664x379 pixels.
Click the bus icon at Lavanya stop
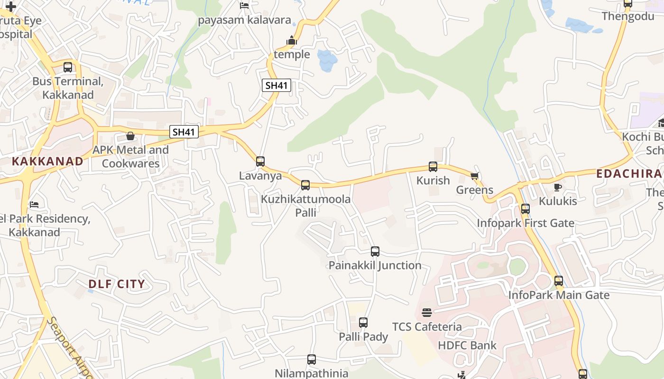tap(260, 161)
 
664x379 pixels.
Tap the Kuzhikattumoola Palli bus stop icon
tap(305, 185)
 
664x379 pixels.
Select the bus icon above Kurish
tap(433, 166)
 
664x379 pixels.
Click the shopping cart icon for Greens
tap(474, 176)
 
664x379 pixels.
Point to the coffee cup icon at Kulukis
tap(558, 187)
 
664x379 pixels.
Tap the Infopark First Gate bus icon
tap(526, 208)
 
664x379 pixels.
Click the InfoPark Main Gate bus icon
tap(559, 280)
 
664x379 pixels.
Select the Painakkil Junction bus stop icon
tap(375, 251)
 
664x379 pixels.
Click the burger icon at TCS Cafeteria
tap(427, 312)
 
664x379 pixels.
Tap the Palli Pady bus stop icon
tap(363, 323)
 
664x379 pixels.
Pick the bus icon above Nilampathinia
tap(312, 359)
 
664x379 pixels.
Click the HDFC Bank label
tap(467, 345)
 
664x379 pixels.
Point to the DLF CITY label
tap(117, 284)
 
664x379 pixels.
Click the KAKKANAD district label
tap(47, 161)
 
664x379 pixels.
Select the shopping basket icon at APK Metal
tap(130, 136)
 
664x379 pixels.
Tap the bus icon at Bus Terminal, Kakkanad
tap(68, 67)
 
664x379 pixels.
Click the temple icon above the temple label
tap(292, 41)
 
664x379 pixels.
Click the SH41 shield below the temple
tap(277, 86)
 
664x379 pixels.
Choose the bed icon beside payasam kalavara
tap(244, 6)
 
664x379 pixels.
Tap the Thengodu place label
tap(627, 17)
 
